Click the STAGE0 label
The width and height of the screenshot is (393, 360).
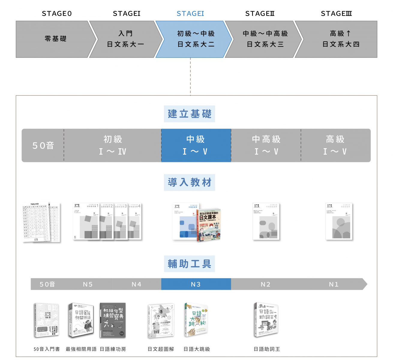(x=57, y=13)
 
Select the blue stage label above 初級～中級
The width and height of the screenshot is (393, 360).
(x=190, y=13)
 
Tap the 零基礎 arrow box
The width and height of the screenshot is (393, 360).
(x=55, y=39)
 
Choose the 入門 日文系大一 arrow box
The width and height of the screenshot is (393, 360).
(x=125, y=39)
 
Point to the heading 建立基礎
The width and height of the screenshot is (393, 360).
(x=189, y=114)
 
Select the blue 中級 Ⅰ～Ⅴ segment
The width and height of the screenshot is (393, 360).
(x=196, y=145)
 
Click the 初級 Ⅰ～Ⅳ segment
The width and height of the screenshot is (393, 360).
(x=112, y=145)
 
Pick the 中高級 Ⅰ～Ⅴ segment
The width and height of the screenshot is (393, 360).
(x=266, y=145)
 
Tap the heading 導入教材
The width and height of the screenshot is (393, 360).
(x=189, y=182)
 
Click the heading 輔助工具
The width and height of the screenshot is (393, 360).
(x=189, y=264)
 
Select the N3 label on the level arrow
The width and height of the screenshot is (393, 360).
(x=196, y=284)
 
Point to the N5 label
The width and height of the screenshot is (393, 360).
(x=88, y=284)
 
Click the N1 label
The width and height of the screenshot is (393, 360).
(x=334, y=284)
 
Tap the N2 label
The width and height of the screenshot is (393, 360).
(x=265, y=284)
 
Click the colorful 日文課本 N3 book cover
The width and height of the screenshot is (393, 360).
(x=209, y=225)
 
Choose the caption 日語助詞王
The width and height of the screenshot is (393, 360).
(x=267, y=349)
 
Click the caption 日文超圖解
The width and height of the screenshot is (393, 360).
(x=161, y=349)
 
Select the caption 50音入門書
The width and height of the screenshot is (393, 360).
(x=46, y=349)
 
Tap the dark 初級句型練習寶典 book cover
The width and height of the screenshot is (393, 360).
(x=113, y=320)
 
